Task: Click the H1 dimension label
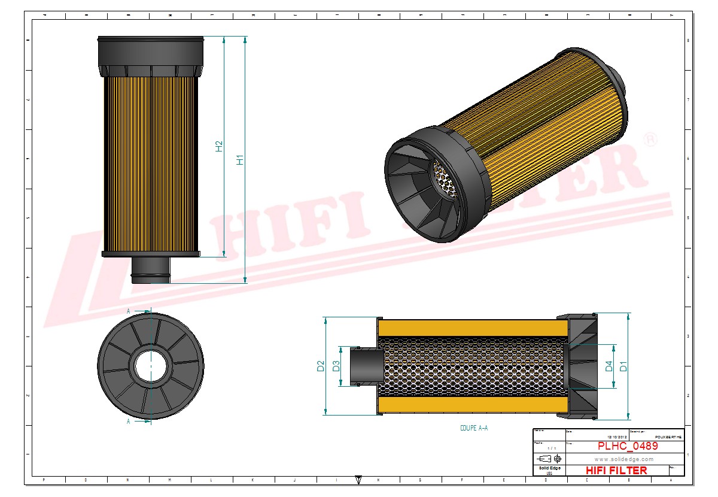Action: pyautogui.click(x=241, y=159)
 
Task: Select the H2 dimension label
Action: pyautogui.click(x=219, y=146)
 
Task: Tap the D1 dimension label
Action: pyautogui.click(x=623, y=366)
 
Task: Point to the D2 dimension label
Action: pyautogui.click(x=320, y=366)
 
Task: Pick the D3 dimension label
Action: pyautogui.click(x=336, y=366)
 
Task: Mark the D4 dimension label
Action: pyautogui.click(x=609, y=366)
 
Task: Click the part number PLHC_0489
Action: pyautogui.click(x=628, y=446)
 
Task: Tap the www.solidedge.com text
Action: pyautogui.click(x=623, y=459)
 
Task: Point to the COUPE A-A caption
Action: pyautogui.click(x=473, y=428)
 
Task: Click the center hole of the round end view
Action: pyautogui.click(x=151, y=365)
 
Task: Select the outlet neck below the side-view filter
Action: pyautogui.click(x=151, y=270)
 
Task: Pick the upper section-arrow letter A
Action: pyautogui.click(x=129, y=311)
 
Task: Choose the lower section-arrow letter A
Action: pyautogui.click(x=129, y=421)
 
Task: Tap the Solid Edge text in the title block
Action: pyautogui.click(x=549, y=468)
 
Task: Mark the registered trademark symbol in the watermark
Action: pyautogui.click(x=649, y=140)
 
